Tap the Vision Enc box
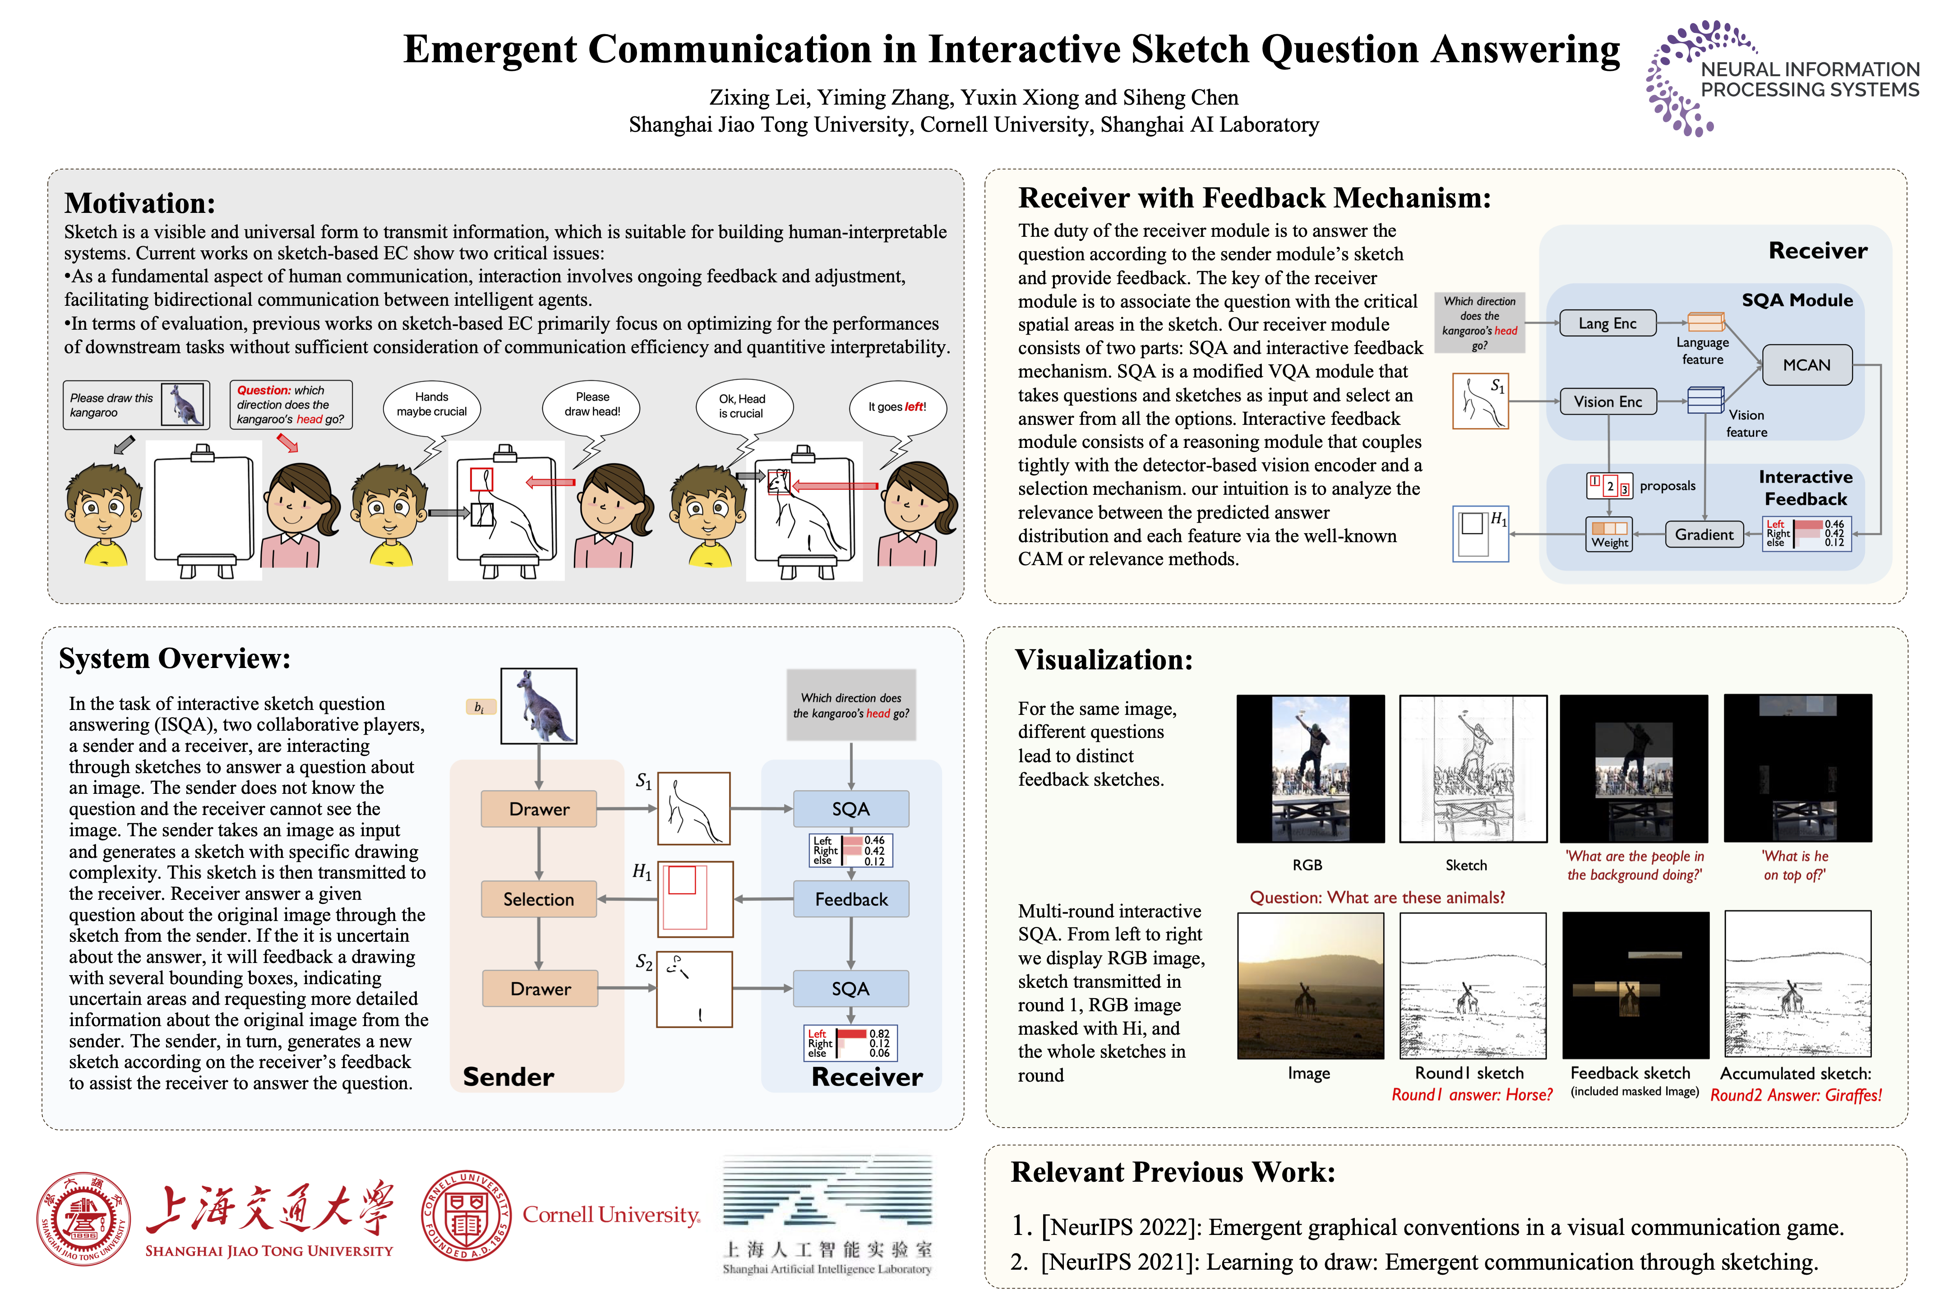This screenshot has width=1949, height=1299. pyautogui.click(x=1607, y=402)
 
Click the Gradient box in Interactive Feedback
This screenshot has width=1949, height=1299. pyautogui.click(x=1704, y=534)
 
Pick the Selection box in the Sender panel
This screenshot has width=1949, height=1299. pyautogui.click(x=539, y=899)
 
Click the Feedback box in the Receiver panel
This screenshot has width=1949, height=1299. pyautogui.click(x=851, y=899)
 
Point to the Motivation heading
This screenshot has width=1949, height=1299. pyautogui.click(x=139, y=203)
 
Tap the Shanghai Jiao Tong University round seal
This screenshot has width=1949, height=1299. pyautogui.click(x=83, y=1218)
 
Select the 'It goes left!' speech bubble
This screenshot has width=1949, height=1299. pyautogui.click(x=897, y=407)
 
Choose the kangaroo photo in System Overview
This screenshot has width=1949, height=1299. pyautogui.click(x=539, y=706)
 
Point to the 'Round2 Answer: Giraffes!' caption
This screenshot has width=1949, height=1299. pyautogui.click(x=1796, y=1095)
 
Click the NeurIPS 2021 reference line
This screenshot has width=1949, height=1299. pyautogui.click(x=1413, y=1262)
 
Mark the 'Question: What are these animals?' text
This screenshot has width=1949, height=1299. pyautogui.click(x=1376, y=897)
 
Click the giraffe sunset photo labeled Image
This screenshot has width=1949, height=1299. pyautogui.click(x=1310, y=986)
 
